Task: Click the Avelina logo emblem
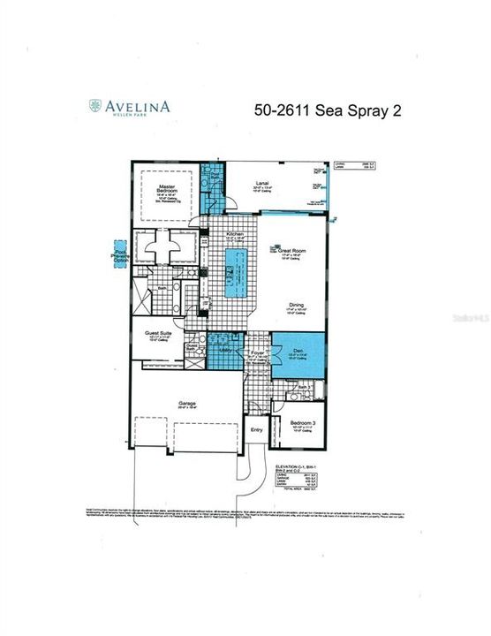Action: click(x=94, y=107)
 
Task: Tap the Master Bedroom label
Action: click(x=164, y=189)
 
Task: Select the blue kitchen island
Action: click(x=234, y=274)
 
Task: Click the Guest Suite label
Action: click(x=158, y=334)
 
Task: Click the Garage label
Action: click(x=185, y=403)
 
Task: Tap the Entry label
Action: click(x=256, y=430)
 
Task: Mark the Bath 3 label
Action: click(x=303, y=388)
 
